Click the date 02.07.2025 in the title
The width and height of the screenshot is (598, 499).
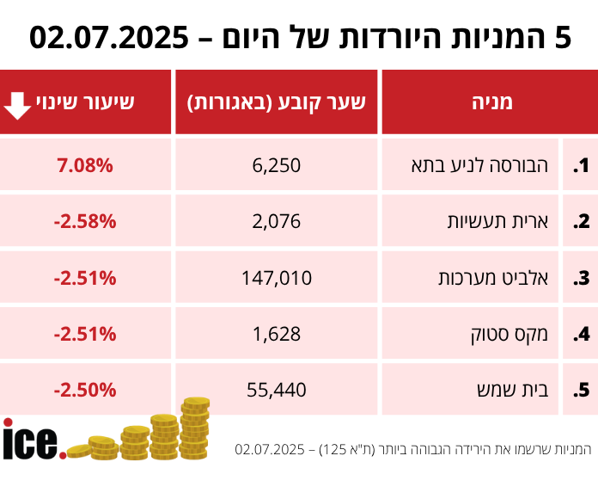click(x=108, y=37)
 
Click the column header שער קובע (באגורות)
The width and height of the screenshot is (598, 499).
click(x=277, y=102)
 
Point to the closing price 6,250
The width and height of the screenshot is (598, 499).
click(x=277, y=164)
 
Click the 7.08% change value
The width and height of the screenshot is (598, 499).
click(x=85, y=164)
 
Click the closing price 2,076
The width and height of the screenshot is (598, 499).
click(x=277, y=221)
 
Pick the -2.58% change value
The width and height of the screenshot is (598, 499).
click(x=84, y=221)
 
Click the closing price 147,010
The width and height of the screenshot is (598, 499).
click(x=277, y=277)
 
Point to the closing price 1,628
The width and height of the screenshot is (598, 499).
click(x=277, y=333)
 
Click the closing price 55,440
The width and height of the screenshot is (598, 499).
click(x=277, y=390)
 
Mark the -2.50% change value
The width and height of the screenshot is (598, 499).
click(x=84, y=390)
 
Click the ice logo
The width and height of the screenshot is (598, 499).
click(x=33, y=440)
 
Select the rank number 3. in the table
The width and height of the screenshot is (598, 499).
click(x=582, y=278)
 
